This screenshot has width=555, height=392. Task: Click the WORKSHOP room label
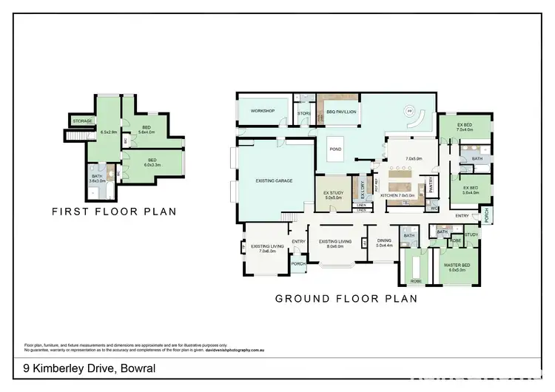(x=262, y=111)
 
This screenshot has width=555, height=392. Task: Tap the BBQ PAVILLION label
(x=341, y=112)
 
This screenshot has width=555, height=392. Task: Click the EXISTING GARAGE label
(x=271, y=180)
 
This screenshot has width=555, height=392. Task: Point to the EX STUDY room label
(x=334, y=195)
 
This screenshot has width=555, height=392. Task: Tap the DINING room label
(x=385, y=243)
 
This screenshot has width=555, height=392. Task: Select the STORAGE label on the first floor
(x=82, y=121)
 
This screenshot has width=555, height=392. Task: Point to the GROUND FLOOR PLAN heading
(x=346, y=300)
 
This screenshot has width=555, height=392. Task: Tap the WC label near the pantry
(x=434, y=208)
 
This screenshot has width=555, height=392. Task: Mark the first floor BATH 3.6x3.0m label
(x=97, y=178)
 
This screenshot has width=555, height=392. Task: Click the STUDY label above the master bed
(x=471, y=234)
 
